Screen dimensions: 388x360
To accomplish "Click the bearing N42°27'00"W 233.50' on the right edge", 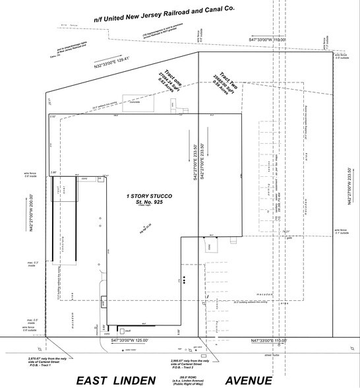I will (x=349, y=187).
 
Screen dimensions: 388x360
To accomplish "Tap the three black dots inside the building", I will (x=187, y=281).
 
